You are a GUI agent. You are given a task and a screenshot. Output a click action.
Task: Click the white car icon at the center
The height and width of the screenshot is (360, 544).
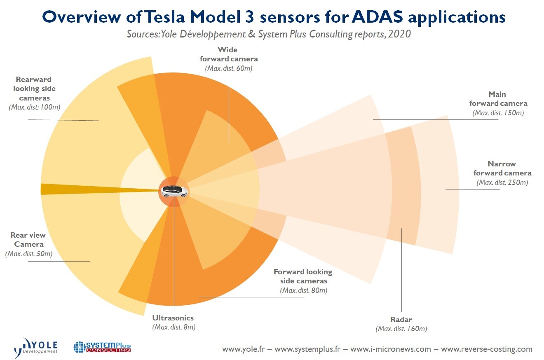click(x=174, y=191)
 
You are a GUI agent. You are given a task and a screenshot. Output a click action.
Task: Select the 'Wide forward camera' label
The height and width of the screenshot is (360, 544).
click(x=228, y=54)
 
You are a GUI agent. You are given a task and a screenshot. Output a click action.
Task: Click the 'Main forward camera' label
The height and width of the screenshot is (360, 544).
click(x=498, y=99)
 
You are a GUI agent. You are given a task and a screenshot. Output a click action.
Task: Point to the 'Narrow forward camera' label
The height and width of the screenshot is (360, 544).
click(x=502, y=168)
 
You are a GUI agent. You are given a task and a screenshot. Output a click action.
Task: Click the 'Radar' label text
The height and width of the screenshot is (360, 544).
click(x=401, y=320)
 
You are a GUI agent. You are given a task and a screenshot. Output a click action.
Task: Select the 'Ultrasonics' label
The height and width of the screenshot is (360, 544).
click(x=173, y=318)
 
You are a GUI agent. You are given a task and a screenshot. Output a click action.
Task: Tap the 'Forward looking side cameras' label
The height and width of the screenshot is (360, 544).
click(x=303, y=276)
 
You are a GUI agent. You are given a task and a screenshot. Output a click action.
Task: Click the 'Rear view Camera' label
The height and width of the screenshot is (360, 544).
click(x=28, y=240)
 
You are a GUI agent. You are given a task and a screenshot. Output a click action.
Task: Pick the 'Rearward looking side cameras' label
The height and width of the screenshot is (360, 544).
click(x=34, y=89)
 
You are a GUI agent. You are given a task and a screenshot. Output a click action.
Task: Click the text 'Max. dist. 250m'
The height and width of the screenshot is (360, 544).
click(x=502, y=182)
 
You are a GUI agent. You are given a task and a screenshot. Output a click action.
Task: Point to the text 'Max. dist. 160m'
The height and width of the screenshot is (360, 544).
click(x=401, y=329)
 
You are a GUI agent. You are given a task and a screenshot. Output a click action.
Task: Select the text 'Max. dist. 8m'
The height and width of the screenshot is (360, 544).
click(x=174, y=327)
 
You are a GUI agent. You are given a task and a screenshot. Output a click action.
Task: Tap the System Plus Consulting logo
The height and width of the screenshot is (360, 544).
click(x=102, y=346)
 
